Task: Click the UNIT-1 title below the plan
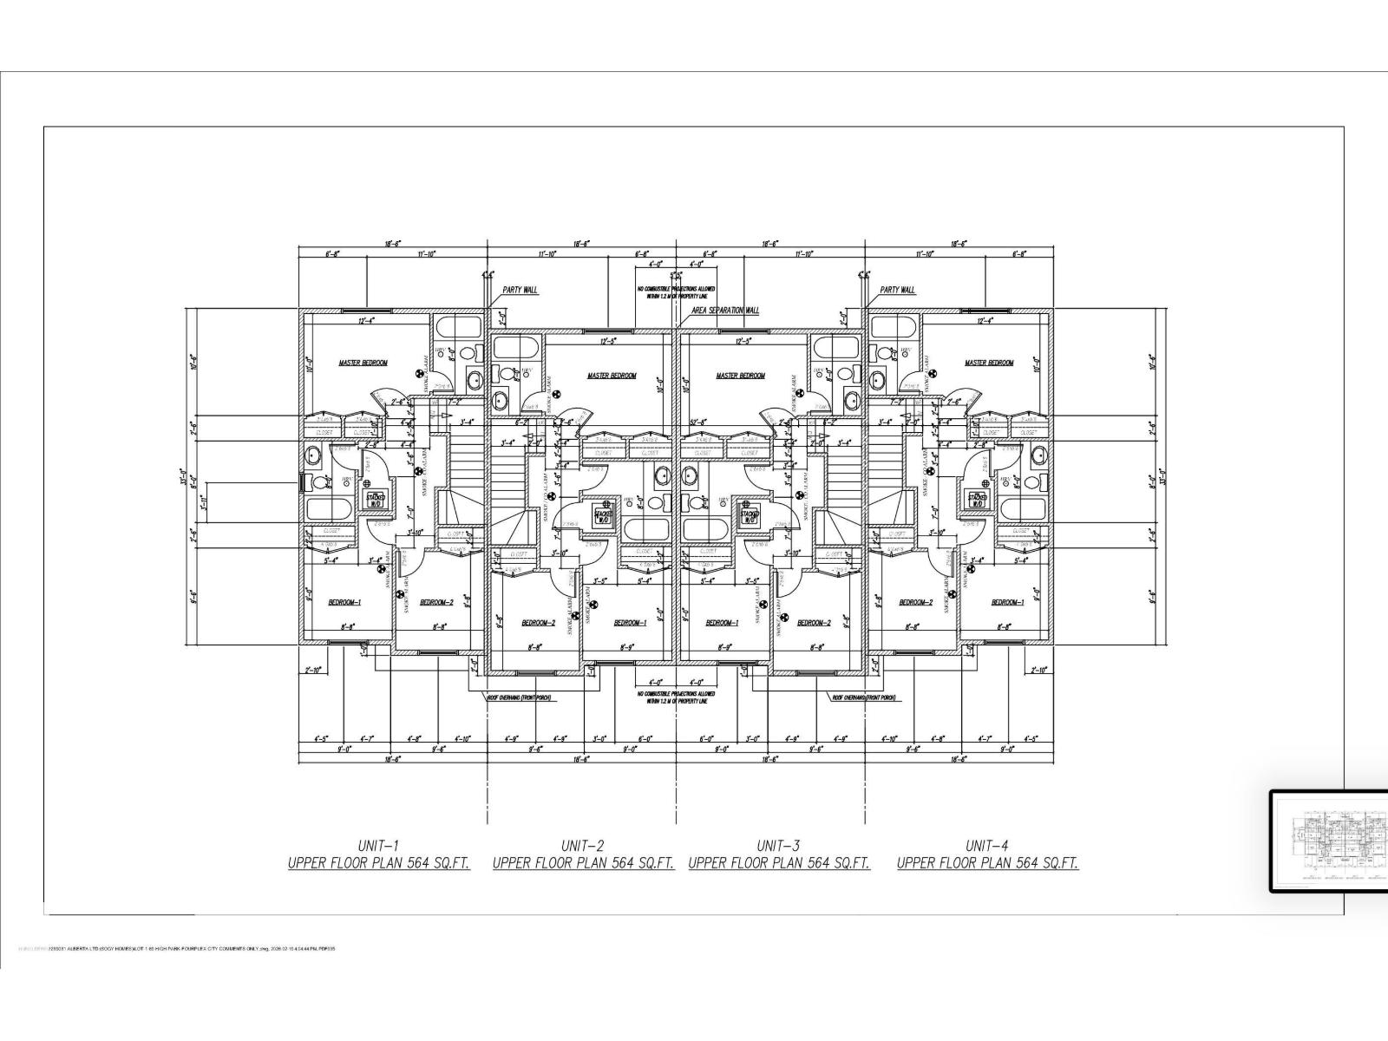379,844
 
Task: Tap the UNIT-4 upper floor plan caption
987,863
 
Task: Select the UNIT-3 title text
779,844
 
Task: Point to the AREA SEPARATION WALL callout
725,310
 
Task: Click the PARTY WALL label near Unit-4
897,290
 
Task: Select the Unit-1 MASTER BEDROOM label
363,363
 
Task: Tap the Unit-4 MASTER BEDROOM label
989,363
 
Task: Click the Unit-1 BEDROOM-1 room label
344,602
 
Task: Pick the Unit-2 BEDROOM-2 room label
538,622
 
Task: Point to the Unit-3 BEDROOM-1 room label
722,622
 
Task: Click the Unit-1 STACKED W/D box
376,499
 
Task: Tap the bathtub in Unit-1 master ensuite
458,328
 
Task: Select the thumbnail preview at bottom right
1327,841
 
